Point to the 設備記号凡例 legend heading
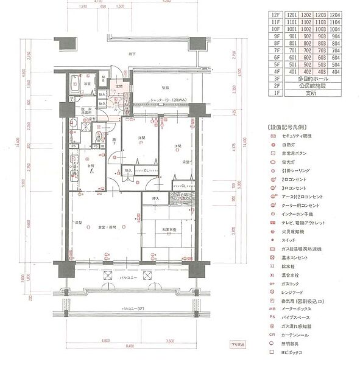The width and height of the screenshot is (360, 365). tap(288, 127)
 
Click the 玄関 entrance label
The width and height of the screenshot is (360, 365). tap(119, 87)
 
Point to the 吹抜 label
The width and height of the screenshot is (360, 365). tap(164, 88)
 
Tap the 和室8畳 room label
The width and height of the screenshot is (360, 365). tap(170, 229)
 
